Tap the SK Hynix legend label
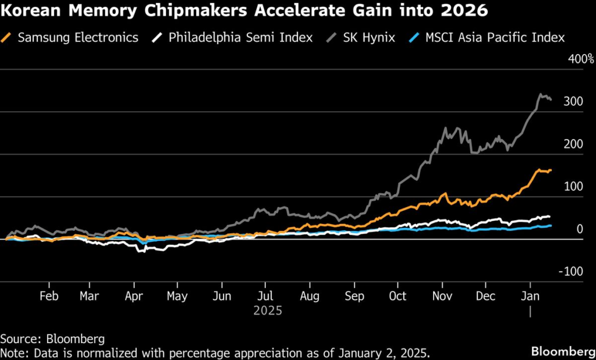point(368,38)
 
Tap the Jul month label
point(265,297)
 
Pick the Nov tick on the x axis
point(442,297)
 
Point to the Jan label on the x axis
point(530,297)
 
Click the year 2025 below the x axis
point(268,311)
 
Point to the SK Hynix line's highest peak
point(541,94)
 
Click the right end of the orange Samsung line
point(551,170)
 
